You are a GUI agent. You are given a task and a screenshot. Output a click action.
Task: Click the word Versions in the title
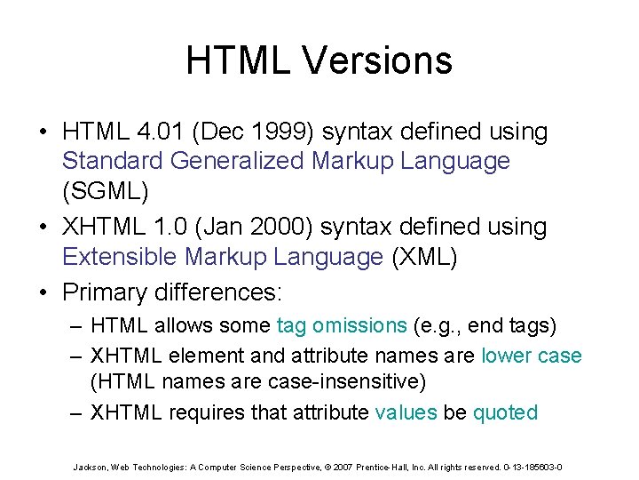378,61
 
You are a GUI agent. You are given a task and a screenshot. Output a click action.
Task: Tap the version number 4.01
160,132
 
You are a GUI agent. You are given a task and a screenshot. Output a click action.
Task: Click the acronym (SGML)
105,192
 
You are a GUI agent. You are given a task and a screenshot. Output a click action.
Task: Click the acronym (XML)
424,258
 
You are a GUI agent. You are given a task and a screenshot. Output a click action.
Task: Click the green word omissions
359,326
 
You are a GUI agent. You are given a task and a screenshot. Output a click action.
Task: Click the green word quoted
505,412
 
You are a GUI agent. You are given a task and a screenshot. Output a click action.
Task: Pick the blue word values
406,412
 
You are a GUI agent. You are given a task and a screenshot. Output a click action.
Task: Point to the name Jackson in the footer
91,467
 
